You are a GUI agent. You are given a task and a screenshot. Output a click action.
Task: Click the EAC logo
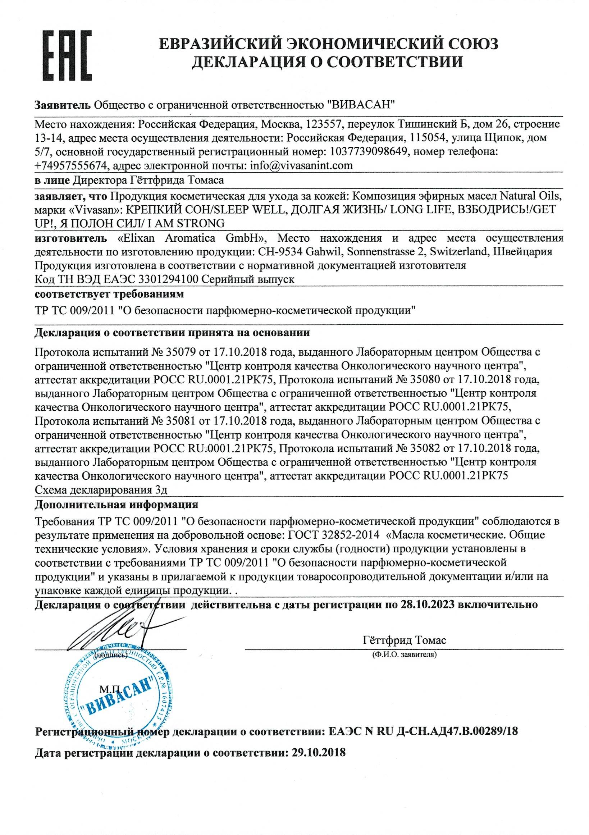[67, 55]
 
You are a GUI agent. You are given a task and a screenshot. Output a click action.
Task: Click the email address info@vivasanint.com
[301, 165]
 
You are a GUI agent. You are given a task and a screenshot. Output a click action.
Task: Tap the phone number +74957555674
[72, 166]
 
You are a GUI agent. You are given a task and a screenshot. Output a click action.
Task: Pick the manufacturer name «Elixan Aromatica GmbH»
[191, 238]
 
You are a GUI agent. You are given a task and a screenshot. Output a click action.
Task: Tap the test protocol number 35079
[181, 352]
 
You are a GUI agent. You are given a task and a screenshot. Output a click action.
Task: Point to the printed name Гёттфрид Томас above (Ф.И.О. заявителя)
[404, 640]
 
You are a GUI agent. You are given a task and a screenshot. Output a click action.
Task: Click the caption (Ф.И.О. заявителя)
[404, 654]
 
